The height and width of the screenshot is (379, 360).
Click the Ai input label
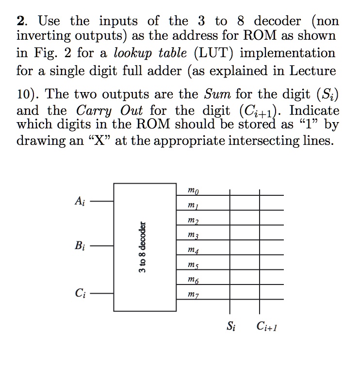coord(79,201)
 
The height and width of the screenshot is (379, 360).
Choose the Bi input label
coord(79,246)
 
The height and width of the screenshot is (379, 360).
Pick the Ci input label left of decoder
coord(79,293)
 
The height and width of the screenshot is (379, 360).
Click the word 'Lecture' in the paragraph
coord(312,71)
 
